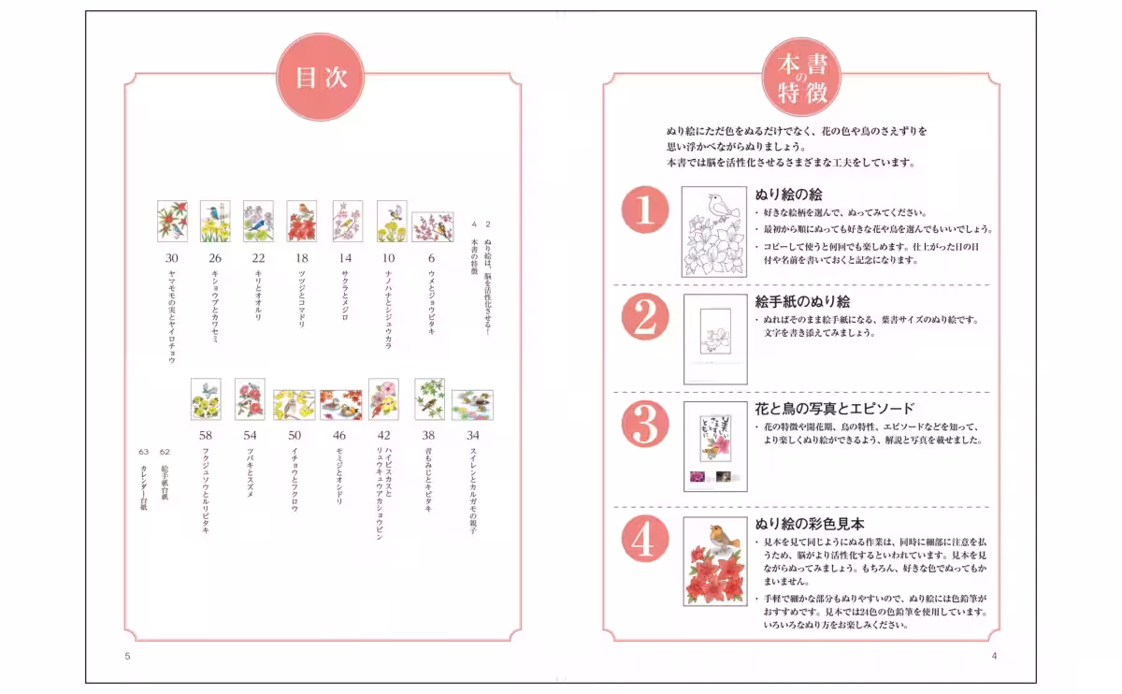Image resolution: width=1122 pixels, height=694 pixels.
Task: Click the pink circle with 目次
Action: [321, 79]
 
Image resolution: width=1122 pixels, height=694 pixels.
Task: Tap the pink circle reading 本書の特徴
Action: [800, 79]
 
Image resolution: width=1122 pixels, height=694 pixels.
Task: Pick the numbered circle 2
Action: [645, 318]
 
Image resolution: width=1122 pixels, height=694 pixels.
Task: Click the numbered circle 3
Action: [645, 426]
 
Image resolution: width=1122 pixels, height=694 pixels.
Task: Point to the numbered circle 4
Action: [645, 540]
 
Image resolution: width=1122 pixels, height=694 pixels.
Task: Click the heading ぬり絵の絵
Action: [788, 195]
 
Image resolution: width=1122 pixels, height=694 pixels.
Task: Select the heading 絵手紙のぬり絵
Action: [802, 301]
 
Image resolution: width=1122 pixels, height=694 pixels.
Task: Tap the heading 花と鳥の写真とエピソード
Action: [834, 409]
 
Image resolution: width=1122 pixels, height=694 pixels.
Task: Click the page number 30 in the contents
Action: [172, 258]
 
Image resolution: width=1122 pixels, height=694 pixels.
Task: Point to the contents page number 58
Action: [206, 435]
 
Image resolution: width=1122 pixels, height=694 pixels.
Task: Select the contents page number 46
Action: [339, 435]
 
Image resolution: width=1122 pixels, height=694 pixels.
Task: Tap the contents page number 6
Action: [431, 258]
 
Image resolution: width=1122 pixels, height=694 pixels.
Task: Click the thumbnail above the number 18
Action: [301, 222]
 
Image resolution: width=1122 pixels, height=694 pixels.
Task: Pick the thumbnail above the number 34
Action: [473, 404]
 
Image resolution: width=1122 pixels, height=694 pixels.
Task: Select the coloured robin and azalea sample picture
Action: [715, 560]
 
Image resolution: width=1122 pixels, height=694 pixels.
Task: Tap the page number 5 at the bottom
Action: [127, 656]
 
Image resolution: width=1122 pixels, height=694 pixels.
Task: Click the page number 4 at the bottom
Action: [994, 656]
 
